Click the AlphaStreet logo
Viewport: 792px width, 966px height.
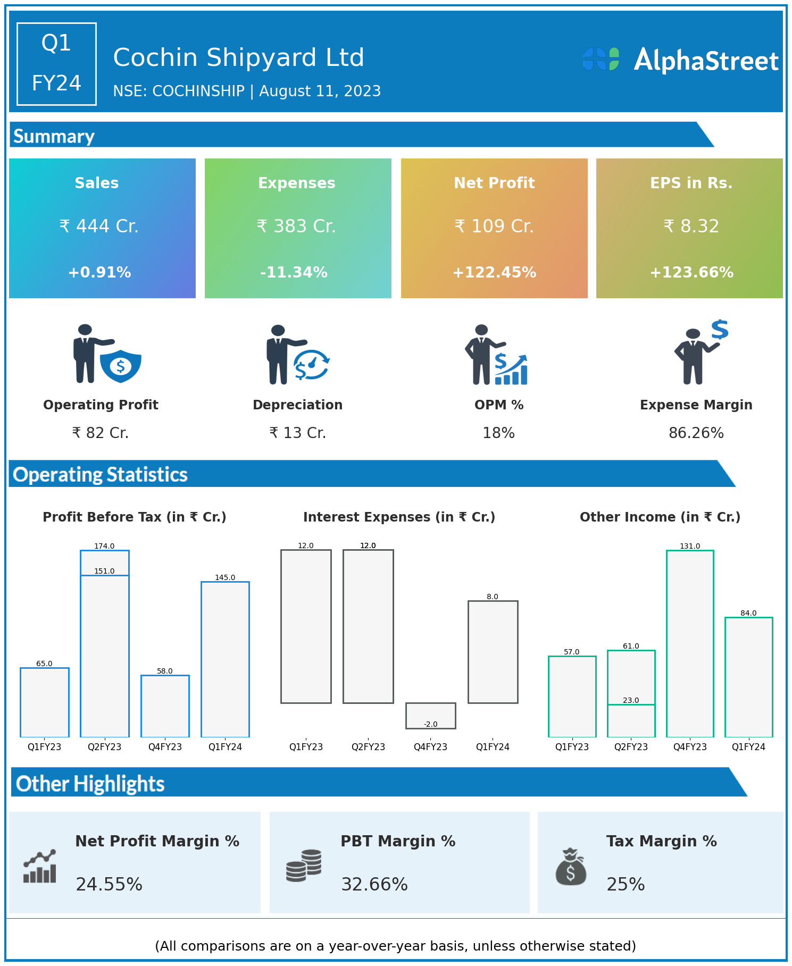(x=680, y=60)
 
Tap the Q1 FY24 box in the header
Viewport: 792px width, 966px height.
(x=56, y=64)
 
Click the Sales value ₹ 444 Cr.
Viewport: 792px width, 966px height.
(x=99, y=226)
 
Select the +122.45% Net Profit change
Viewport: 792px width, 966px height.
(x=494, y=273)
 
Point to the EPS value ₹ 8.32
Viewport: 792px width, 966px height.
(x=691, y=226)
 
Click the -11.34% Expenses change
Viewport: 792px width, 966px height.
(x=294, y=273)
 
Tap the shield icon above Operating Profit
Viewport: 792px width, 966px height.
(x=121, y=366)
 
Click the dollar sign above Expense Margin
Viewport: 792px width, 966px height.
(x=720, y=330)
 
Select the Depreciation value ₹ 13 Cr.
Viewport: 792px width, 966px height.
(x=297, y=433)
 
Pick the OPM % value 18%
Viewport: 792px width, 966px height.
(x=498, y=433)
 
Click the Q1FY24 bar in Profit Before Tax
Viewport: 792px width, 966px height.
(x=225, y=659)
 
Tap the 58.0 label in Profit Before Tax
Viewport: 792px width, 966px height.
(x=165, y=671)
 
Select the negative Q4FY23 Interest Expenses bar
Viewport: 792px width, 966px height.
(x=430, y=716)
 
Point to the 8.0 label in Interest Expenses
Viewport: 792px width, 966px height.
(x=493, y=597)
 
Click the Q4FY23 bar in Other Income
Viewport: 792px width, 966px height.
(x=690, y=643)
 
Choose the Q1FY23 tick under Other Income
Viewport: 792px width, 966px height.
(x=572, y=747)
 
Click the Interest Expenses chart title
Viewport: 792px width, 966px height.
(x=399, y=517)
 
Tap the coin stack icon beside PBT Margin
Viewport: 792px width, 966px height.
(x=304, y=866)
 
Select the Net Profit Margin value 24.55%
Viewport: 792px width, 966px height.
(x=109, y=885)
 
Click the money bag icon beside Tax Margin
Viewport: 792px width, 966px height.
(x=571, y=867)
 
